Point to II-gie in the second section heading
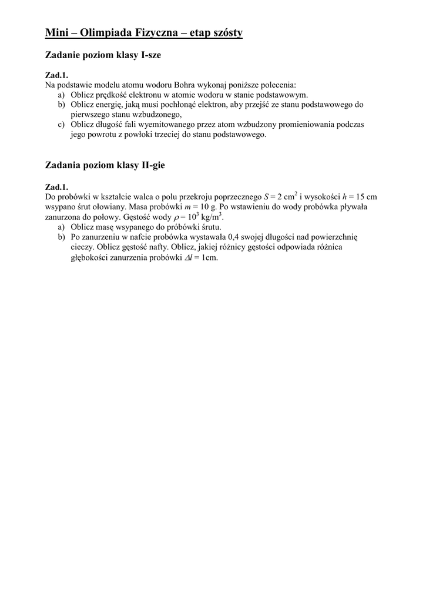click(152, 166)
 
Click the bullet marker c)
click(61, 125)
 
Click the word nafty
click(155, 247)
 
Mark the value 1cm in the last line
click(209, 257)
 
